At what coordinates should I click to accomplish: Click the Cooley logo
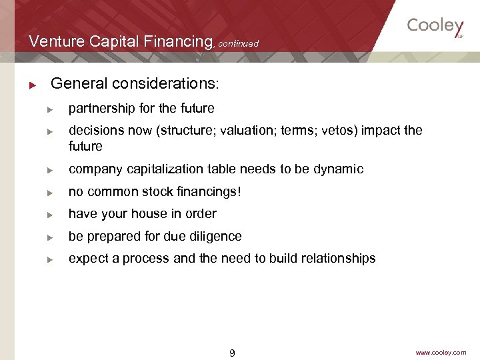[x=435, y=27]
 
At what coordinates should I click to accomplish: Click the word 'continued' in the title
[x=238, y=43]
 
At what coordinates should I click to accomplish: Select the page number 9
[x=232, y=353]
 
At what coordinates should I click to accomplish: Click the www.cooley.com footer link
[x=441, y=353]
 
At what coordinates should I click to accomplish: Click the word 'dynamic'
[x=338, y=169]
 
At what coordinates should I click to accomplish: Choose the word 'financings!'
[x=208, y=192]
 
